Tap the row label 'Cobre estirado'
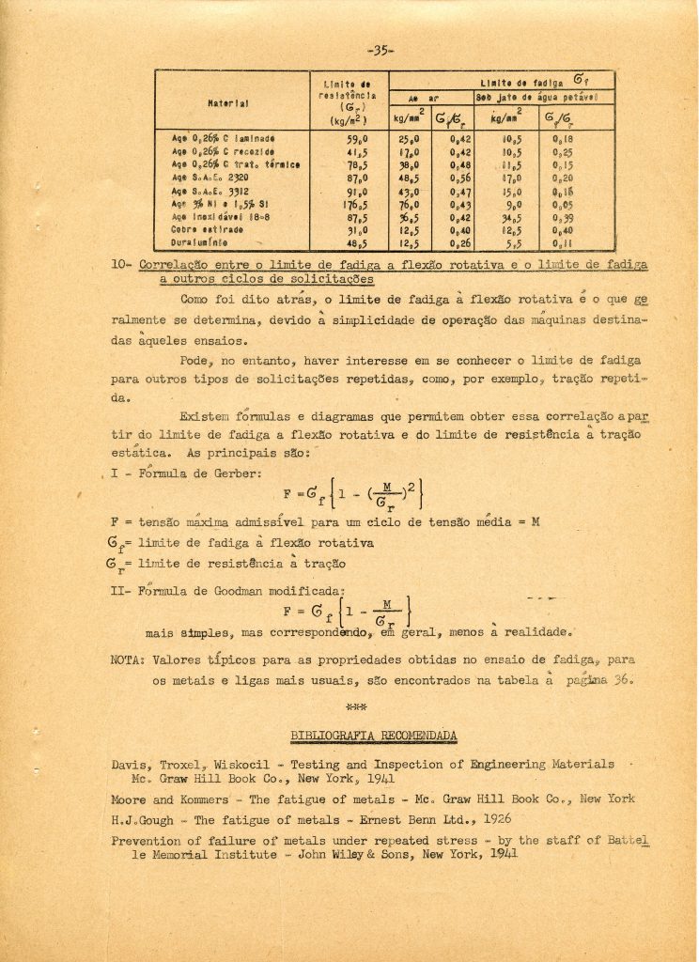pyautogui.click(x=201, y=228)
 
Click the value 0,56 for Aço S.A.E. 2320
pyautogui.click(x=459, y=177)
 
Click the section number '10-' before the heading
pyautogui.click(x=123, y=266)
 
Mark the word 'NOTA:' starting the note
pyautogui.click(x=129, y=659)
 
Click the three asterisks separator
pyautogui.click(x=355, y=704)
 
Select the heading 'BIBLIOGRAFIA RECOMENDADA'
pyautogui.click(x=374, y=734)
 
